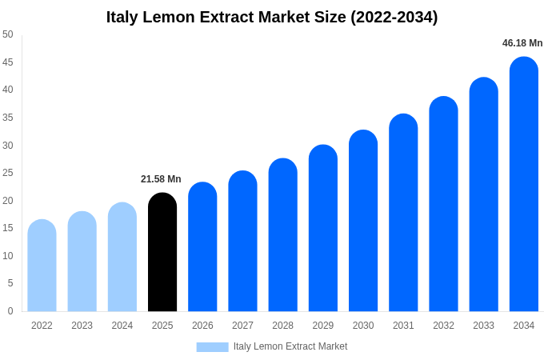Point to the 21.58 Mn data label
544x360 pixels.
tap(161, 179)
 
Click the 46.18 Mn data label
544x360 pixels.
tap(522, 43)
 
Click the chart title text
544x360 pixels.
tap(272, 17)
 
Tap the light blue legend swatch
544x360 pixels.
tap(212, 346)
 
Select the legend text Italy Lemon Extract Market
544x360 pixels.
tap(290, 346)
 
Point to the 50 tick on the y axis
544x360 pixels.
tap(8, 34)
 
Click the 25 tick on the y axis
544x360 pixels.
tap(8, 173)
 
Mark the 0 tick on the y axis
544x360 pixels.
tap(10, 311)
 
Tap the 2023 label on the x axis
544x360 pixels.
tap(82, 326)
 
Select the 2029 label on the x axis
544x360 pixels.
tap(322, 326)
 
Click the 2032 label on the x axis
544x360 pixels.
tap(443, 326)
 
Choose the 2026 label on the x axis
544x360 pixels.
tap(202, 326)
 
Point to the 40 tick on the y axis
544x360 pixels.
tap(8, 90)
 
